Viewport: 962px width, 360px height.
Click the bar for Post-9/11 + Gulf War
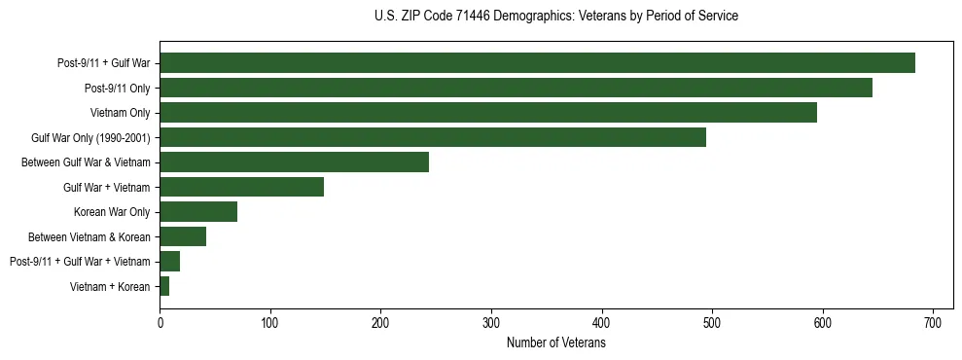pyautogui.click(x=537, y=63)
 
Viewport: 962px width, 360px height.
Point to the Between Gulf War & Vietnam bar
pyautogui.click(x=294, y=162)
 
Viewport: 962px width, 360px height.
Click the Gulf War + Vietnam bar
pyautogui.click(x=241, y=187)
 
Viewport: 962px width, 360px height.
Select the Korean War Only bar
pyautogui.click(x=198, y=212)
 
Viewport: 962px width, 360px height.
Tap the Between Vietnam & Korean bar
pyautogui.click(x=183, y=236)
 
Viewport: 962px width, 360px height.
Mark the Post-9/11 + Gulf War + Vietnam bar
pyautogui.click(x=170, y=262)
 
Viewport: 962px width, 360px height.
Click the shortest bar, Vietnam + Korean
pyautogui.click(x=164, y=286)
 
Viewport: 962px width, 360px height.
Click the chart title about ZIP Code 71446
pyautogui.click(x=555, y=17)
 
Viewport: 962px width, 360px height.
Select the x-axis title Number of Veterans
pyautogui.click(x=555, y=343)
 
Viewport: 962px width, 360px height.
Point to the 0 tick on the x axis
pyautogui.click(x=160, y=323)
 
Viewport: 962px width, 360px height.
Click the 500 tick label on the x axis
pyautogui.click(x=712, y=323)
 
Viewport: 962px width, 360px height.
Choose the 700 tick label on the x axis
pyautogui.click(x=933, y=323)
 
